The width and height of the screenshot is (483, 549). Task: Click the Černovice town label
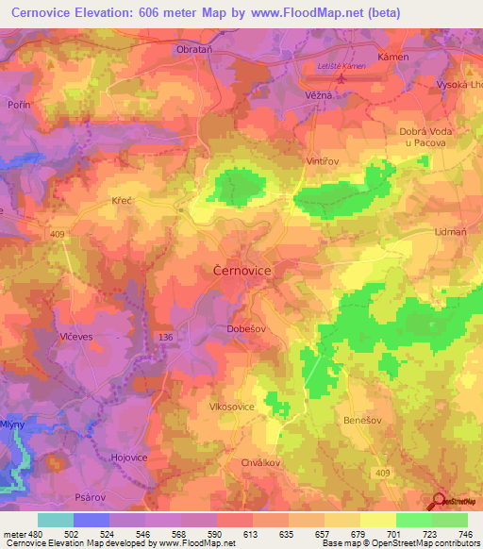pyautogui.click(x=238, y=271)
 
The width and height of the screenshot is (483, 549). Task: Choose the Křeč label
pyautogui.click(x=124, y=202)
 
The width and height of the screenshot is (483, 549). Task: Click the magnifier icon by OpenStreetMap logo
pyautogui.click(x=440, y=501)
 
